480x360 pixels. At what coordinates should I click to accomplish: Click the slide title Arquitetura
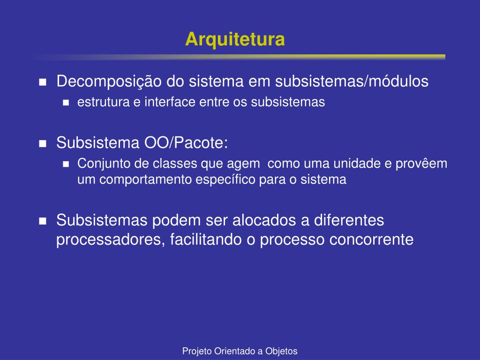tap(235, 39)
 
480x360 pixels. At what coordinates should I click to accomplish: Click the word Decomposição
tap(109, 82)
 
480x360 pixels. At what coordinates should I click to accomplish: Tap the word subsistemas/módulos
tap(352, 81)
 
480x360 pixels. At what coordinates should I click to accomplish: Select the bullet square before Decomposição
tap(43, 82)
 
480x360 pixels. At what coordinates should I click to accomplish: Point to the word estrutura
tap(104, 102)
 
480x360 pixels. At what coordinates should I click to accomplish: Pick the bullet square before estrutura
tap(66, 103)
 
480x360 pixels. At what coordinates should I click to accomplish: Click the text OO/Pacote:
tap(186, 142)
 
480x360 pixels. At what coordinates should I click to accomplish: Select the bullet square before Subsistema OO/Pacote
tap(43, 143)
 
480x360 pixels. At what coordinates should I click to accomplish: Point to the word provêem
tap(421, 164)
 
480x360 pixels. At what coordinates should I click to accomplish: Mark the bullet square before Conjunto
tap(66, 165)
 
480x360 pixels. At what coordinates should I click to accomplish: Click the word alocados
tap(264, 220)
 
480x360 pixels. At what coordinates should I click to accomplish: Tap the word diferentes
tap(349, 220)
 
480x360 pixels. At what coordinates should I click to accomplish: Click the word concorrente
tap(371, 240)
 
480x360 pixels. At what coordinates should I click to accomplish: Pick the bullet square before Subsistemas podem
tap(43, 221)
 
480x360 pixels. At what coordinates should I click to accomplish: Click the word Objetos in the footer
tap(281, 351)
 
